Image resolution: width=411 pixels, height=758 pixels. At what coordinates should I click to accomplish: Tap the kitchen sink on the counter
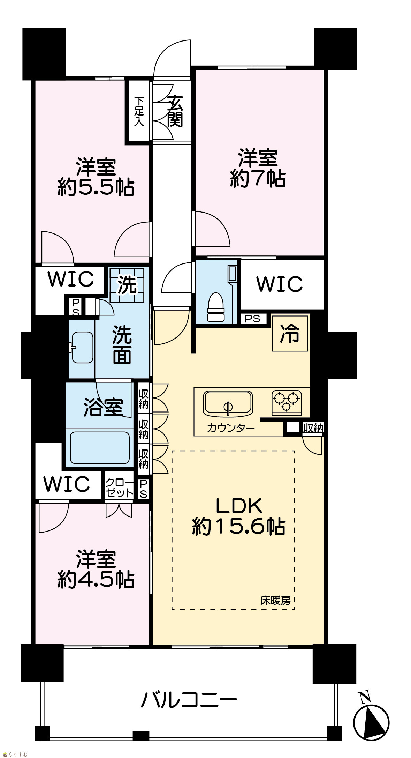pyautogui.click(x=228, y=403)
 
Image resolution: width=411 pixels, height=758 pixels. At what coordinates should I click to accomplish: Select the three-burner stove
pyautogui.click(x=287, y=402)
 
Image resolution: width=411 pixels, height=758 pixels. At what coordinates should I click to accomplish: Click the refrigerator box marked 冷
pyautogui.click(x=290, y=333)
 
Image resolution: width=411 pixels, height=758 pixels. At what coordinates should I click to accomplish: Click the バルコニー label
pyautogui.click(x=189, y=700)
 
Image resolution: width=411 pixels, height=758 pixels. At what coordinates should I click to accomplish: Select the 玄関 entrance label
pyautogui.click(x=175, y=111)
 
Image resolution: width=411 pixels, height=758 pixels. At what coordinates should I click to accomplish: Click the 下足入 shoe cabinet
pyautogui.click(x=139, y=111)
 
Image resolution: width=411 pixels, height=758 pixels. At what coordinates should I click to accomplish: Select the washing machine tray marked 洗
pyautogui.click(x=127, y=285)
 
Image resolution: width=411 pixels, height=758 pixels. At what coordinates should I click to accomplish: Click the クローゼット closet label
pyautogui.click(x=119, y=488)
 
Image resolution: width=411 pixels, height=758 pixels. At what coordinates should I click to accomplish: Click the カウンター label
pyautogui.click(x=231, y=428)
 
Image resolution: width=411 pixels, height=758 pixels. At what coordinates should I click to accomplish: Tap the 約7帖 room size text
pyautogui.click(x=258, y=179)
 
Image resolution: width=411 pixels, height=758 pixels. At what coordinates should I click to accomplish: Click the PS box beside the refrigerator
pyautogui.click(x=253, y=318)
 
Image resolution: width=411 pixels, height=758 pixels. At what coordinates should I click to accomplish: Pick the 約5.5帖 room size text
pyautogui.click(x=96, y=188)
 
